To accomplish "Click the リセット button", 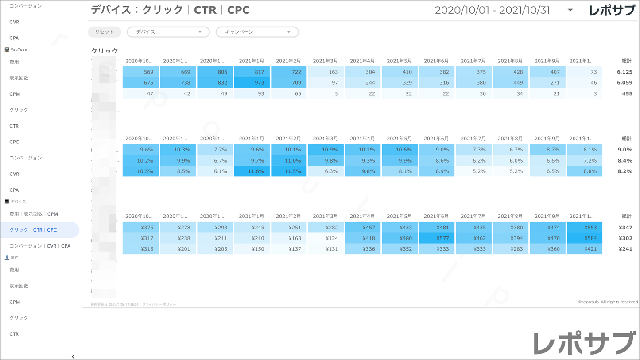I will click(x=105, y=32).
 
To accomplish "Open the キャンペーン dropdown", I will click(x=257, y=32).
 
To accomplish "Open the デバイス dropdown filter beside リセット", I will click(x=168, y=32).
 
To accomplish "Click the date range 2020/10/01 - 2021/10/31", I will click(x=492, y=10).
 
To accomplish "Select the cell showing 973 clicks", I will click(x=252, y=83).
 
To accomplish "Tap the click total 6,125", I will click(x=624, y=72).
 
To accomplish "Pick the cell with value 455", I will click(x=627, y=93).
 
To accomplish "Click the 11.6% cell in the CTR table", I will click(x=252, y=171).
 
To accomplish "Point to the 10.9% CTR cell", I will click(x=326, y=150).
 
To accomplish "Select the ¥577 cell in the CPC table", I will click(x=437, y=238).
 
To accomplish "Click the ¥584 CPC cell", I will click(x=585, y=238).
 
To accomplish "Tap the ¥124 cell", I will click(x=326, y=238).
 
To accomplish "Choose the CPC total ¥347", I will click(x=625, y=228).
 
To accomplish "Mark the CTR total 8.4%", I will click(x=625, y=161).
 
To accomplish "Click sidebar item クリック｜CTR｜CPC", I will click(x=33, y=230).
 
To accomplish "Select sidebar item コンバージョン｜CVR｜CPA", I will click(x=40, y=246).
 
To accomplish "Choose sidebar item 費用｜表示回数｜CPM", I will click(x=34, y=214).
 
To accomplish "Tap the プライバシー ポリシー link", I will click(x=159, y=305).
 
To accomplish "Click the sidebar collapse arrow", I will click(x=73, y=356).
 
